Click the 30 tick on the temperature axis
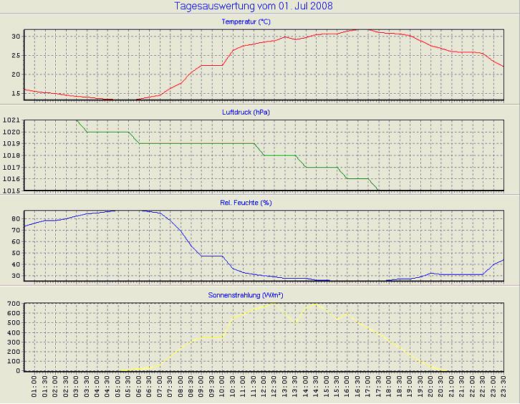[x=15, y=36]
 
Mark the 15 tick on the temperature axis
[x=15, y=94]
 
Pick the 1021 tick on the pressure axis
[x=11, y=120]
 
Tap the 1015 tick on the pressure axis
[x=11, y=191]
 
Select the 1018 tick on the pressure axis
[x=11, y=155]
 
